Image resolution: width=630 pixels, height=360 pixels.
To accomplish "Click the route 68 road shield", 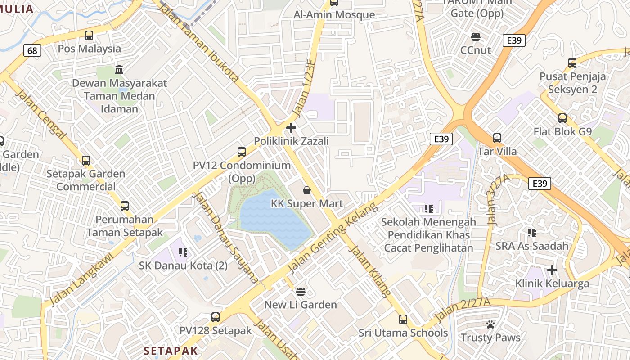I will pyautogui.click(x=32, y=50).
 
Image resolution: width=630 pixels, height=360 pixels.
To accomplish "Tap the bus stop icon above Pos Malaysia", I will pyautogui.click(x=89, y=36).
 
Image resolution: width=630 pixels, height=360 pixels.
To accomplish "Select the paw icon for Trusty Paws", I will pyautogui.click(x=490, y=324).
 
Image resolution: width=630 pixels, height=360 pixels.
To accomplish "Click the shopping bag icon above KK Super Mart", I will pyautogui.click(x=307, y=190).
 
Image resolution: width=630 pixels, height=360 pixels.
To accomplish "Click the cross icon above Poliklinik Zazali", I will pyautogui.click(x=291, y=128).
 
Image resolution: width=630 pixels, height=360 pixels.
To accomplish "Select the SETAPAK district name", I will pyautogui.click(x=171, y=351).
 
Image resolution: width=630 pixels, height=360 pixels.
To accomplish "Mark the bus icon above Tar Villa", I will pyautogui.click(x=497, y=138).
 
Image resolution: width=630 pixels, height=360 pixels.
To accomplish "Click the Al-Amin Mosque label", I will pyautogui.click(x=334, y=15).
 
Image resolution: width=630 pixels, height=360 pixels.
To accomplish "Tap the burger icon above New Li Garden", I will pyautogui.click(x=301, y=291).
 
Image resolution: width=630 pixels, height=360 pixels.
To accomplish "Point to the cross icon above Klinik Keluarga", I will pyautogui.click(x=552, y=270).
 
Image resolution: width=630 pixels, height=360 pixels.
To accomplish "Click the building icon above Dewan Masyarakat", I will pyautogui.click(x=120, y=70).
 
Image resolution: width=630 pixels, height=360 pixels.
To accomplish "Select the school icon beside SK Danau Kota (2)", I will pyautogui.click(x=183, y=252).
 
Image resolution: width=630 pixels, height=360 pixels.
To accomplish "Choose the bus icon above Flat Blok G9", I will pyautogui.click(x=562, y=118).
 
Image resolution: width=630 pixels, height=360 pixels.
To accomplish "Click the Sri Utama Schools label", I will pyautogui.click(x=403, y=333).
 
